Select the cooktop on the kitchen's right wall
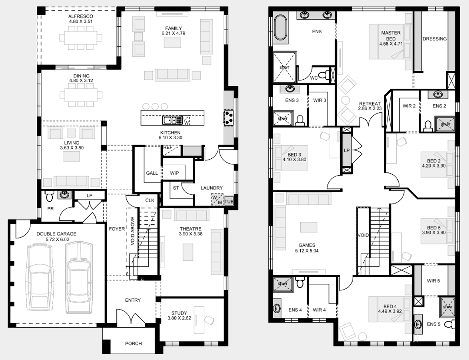click(x=229, y=117)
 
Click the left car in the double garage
click(x=39, y=278)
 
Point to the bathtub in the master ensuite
click(x=280, y=28)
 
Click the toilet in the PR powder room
click(x=50, y=196)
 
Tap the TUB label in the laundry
click(x=229, y=201)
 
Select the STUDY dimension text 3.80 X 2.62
click(x=179, y=318)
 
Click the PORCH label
click(x=134, y=344)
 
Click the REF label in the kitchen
click(x=168, y=148)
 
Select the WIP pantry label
click(x=174, y=173)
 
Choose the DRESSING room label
click(x=435, y=39)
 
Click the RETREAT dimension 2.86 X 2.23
click(x=370, y=108)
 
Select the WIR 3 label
click(x=319, y=100)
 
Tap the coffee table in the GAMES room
click(x=309, y=227)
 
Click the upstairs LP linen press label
click(x=347, y=150)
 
